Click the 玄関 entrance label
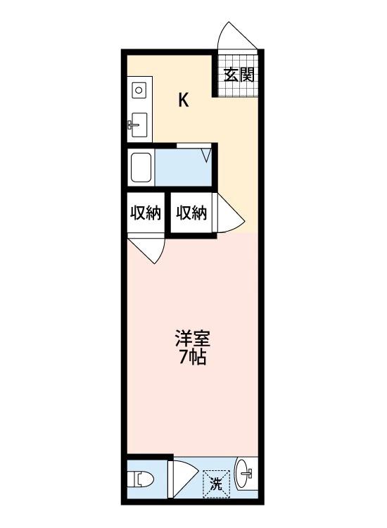coord(239,75)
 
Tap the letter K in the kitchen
coord(183,100)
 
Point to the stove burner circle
coord(139,89)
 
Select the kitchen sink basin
coord(139,125)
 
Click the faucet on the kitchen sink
coord(132,125)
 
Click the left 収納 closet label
coord(146,212)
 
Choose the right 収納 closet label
coord(191,212)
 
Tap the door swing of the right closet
coord(229,215)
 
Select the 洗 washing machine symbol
coord(217,484)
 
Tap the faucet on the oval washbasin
coord(249,476)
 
